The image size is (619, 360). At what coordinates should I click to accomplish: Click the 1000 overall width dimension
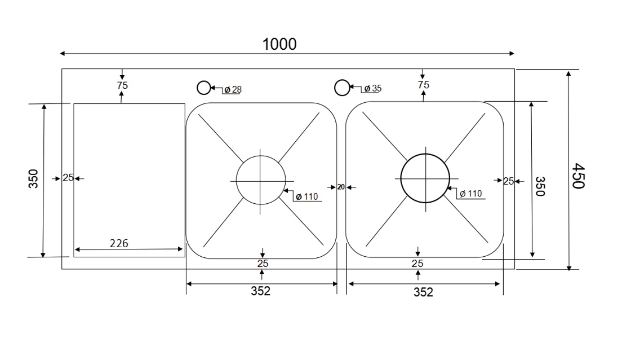(x=280, y=44)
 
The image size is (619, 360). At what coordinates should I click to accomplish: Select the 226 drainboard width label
(x=119, y=244)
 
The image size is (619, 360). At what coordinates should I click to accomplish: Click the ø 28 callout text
(x=232, y=89)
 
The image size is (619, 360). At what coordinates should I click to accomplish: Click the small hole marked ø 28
(x=204, y=88)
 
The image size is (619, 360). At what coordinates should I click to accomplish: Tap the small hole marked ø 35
(x=342, y=87)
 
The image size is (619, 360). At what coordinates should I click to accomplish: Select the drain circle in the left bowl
(x=260, y=181)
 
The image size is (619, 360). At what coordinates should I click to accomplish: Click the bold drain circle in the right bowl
(x=425, y=178)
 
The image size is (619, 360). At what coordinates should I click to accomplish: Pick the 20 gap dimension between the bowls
(x=341, y=187)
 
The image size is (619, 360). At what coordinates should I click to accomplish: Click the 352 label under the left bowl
(x=260, y=291)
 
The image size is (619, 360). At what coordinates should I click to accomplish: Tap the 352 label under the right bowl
(x=423, y=292)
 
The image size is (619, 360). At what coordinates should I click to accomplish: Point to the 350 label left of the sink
(x=33, y=179)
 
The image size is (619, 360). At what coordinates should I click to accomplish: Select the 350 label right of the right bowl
(x=540, y=186)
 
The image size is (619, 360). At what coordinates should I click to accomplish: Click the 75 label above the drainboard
(x=122, y=85)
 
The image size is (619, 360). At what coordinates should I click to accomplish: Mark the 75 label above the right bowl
(x=423, y=85)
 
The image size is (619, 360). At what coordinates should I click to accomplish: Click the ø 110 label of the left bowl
(x=306, y=196)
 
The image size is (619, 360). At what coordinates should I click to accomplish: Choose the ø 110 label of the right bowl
(x=470, y=194)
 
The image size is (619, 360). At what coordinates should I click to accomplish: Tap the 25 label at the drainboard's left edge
(x=68, y=178)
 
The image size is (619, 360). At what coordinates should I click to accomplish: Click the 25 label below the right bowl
(x=417, y=263)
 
